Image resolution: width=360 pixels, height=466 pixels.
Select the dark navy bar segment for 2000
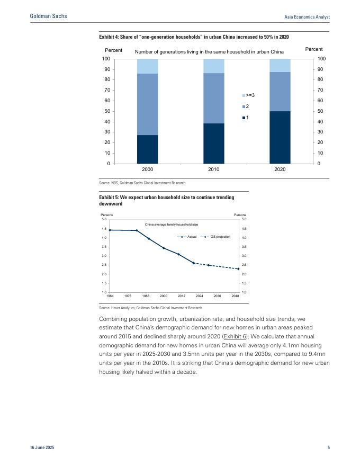(x=147, y=149)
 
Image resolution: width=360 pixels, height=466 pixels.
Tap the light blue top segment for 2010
(x=214, y=66)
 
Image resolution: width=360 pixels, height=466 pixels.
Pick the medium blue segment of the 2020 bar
(x=280, y=91)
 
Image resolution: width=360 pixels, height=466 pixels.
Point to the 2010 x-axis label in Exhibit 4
(x=214, y=170)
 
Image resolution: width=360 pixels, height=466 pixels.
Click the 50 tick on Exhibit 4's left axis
(x=107, y=111)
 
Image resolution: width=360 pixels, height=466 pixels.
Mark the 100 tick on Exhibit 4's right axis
(x=321, y=59)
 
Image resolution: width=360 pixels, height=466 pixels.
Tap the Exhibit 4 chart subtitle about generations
(x=210, y=52)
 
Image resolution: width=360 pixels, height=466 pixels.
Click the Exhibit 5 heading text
(x=167, y=200)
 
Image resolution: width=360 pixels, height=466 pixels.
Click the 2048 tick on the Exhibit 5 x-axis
(x=235, y=296)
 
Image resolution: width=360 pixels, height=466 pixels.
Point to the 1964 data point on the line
(x=110, y=230)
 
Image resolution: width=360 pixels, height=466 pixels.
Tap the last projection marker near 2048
(x=238, y=269)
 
